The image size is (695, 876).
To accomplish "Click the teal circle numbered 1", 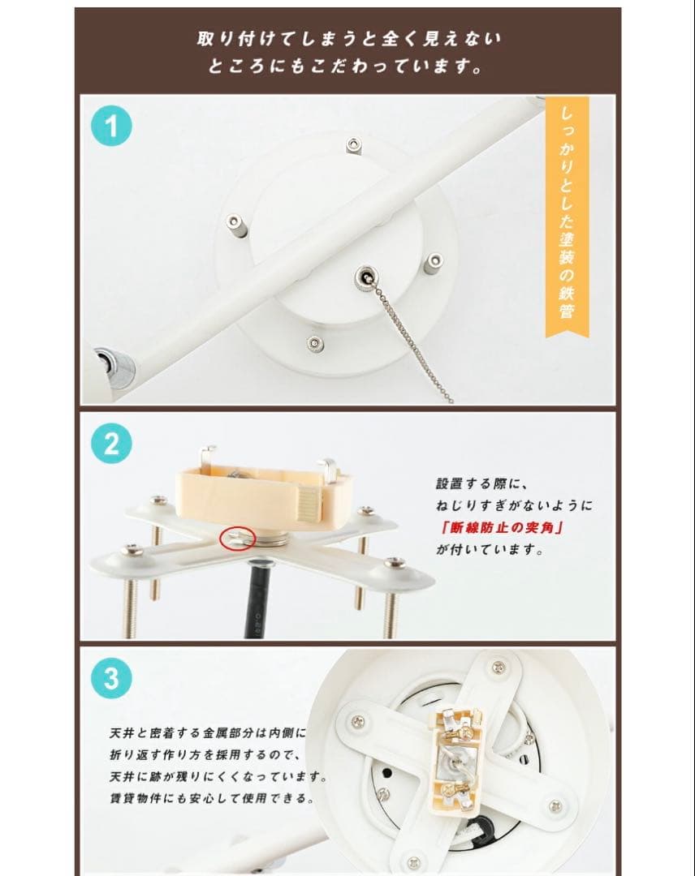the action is coord(112,127).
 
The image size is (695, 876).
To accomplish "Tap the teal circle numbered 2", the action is coord(112,444).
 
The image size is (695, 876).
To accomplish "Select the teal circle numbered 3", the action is coord(112,679).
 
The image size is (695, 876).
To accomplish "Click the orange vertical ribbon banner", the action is coord(567,217).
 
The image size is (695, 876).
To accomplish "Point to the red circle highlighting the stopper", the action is coord(238,538).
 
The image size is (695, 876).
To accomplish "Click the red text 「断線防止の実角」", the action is coord(500,527).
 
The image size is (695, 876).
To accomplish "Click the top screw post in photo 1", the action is coord(352,146).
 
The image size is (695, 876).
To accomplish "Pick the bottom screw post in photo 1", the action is coord(315,344).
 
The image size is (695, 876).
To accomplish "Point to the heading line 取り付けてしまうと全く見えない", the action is coord(349,39).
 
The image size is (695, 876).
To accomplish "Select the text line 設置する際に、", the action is coord(482,483).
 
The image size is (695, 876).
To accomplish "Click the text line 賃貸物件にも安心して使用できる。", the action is coord(213,798).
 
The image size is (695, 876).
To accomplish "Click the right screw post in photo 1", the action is coord(434,264).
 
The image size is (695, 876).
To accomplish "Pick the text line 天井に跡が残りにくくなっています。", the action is coord(218,776).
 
